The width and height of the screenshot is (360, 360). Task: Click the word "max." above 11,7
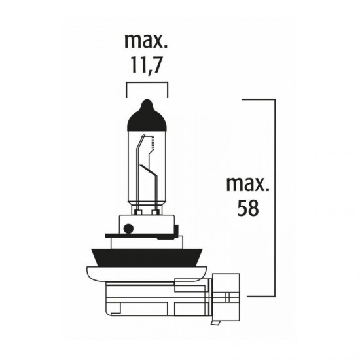click(x=147, y=43)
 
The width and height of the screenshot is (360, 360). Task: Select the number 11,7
click(x=147, y=65)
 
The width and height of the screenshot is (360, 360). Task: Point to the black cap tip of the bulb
click(x=147, y=111)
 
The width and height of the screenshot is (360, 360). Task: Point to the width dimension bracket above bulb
click(x=147, y=84)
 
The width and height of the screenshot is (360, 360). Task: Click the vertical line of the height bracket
click(x=274, y=196)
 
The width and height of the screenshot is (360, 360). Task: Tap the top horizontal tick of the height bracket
click(x=259, y=99)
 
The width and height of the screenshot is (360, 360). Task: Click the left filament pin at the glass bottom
click(x=139, y=210)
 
